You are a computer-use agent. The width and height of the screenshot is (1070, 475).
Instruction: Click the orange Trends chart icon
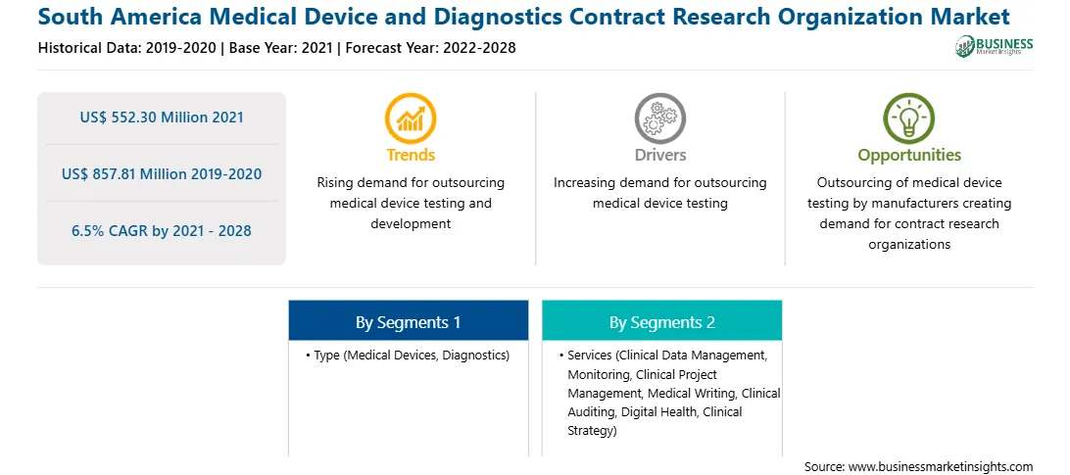click(x=411, y=119)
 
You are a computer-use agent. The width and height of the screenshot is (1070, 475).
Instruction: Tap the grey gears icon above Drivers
click(x=659, y=119)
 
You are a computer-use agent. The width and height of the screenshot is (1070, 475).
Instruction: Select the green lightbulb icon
click(x=909, y=119)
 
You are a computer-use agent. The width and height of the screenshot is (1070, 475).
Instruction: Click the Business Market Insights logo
click(x=995, y=46)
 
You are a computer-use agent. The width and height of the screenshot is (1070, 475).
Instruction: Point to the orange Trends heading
click(x=411, y=155)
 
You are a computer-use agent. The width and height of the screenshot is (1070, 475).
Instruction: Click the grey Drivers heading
click(x=659, y=155)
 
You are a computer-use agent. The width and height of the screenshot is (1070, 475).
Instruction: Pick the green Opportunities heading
click(x=909, y=156)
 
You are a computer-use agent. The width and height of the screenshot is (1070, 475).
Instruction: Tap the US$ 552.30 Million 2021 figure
click(x=162, y=118)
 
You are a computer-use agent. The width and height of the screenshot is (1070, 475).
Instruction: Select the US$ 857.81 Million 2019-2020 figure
click(x=162, y=174)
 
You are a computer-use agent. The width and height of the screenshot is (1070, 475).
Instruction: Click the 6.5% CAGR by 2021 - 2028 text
click(x=162, y=231)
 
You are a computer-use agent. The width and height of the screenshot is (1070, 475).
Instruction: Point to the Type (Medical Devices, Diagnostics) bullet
click(x=408, y=356)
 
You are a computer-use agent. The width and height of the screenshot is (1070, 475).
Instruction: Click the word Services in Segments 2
click(x=590, y=356)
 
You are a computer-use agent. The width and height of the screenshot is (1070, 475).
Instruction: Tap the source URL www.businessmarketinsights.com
click(x=941, y=467)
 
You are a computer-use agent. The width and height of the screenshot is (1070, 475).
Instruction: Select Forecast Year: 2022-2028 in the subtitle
click(x=428, y=48)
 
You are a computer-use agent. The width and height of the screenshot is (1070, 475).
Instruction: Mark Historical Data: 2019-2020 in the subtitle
click(x=129, y=48)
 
